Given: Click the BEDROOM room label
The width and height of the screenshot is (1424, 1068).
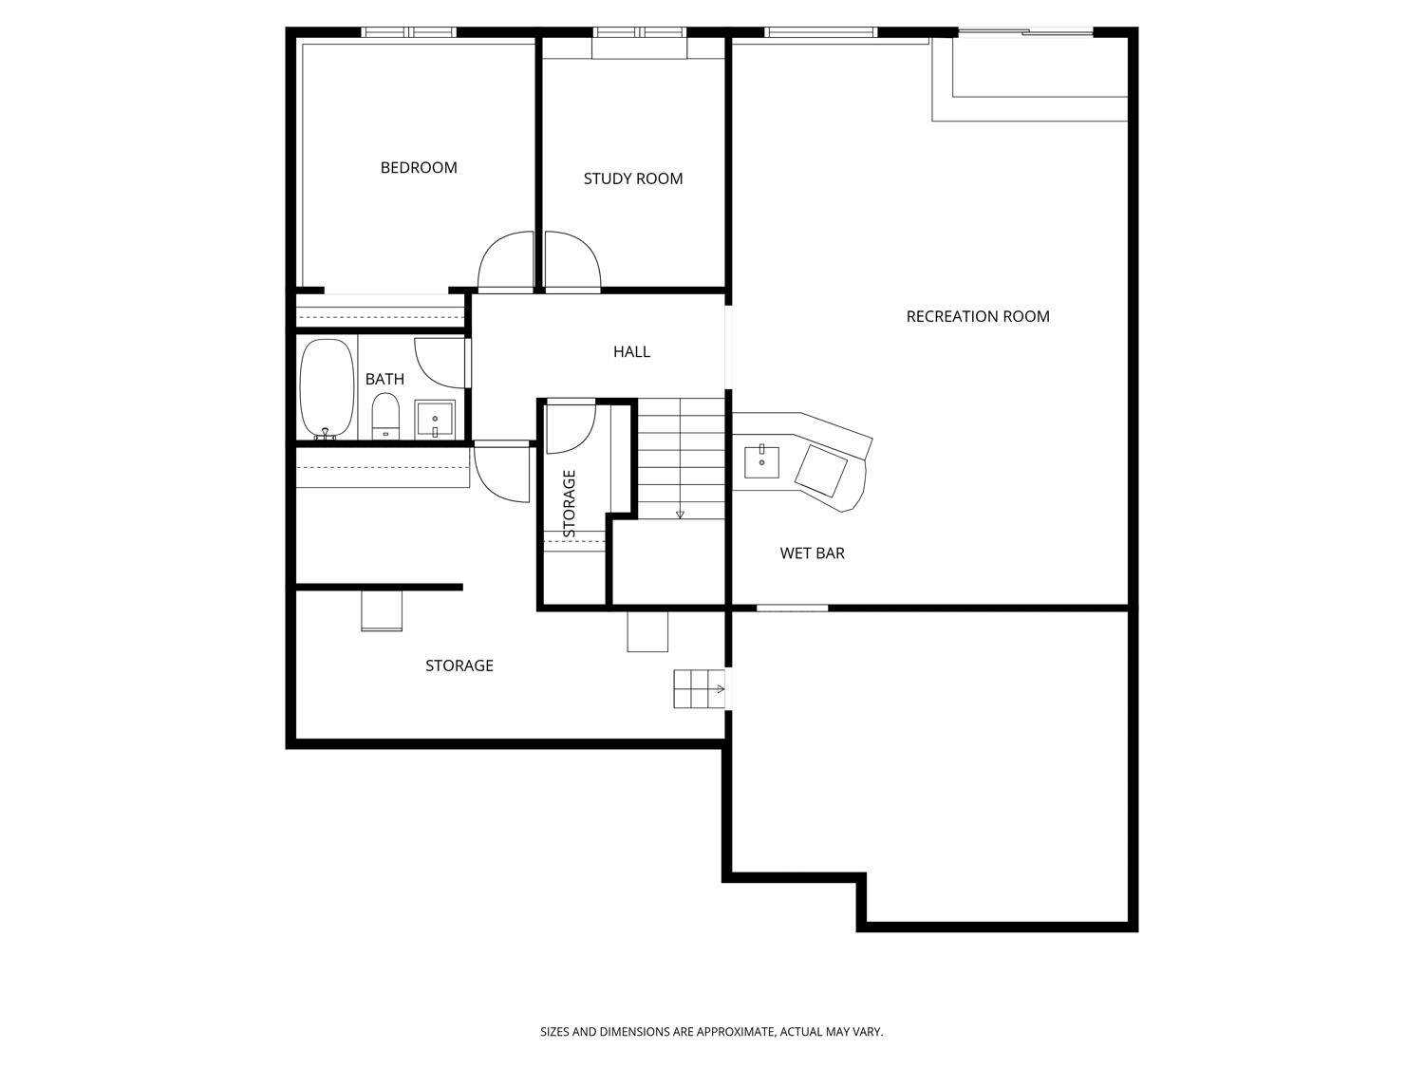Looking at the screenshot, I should [419, 168].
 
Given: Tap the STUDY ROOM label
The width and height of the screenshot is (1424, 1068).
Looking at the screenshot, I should [633, 178].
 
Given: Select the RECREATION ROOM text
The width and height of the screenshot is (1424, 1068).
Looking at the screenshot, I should [978, 316].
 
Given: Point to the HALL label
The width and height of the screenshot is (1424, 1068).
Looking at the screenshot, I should [631, 352].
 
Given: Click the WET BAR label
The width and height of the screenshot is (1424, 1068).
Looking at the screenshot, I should [812, 553].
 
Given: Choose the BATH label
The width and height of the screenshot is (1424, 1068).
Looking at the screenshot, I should [384, 379].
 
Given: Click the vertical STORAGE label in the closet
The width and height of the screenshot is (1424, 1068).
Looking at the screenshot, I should [570, 503].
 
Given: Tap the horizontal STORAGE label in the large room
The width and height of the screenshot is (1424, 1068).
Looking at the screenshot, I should [459, 665].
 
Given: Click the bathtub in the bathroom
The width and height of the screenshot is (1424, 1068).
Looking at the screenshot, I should [327, 388].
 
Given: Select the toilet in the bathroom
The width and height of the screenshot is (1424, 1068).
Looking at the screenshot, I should [385, 417].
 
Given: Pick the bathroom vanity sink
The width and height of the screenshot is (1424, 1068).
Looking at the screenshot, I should [435, 419].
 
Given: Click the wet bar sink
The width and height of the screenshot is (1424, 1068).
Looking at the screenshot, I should [761, 461].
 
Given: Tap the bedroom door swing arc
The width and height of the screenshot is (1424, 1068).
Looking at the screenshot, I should [505, 261].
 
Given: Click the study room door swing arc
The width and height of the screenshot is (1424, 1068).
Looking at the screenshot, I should [572, 261].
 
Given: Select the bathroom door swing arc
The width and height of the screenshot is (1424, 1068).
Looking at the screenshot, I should [440, 363].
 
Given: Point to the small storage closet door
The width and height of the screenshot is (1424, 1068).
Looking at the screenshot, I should [571, 427].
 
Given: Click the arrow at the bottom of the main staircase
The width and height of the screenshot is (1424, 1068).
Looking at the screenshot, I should [680, 515].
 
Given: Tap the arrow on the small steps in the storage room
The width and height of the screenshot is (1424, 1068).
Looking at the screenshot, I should [721, 689].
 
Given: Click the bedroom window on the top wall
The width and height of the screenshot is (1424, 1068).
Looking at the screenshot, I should [408, 32].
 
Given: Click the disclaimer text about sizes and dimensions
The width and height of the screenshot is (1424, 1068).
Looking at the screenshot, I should [711, 1031].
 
